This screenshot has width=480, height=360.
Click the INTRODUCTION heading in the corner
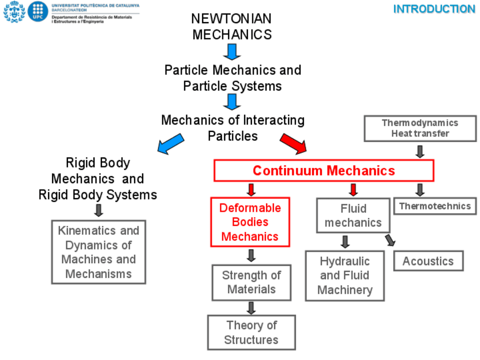[434, 9]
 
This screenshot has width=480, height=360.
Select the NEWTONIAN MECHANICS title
[232, 27]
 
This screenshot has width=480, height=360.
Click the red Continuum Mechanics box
[324, 170]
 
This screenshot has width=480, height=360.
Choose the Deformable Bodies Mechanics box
[250, 222]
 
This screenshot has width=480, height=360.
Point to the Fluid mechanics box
[353, 215]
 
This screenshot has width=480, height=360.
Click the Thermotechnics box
[435, 206]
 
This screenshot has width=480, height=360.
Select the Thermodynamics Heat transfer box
[419, 128]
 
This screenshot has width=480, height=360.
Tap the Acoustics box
[428, 261]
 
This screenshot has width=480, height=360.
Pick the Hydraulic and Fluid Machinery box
[345, 276]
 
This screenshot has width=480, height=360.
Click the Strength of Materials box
[251, 282]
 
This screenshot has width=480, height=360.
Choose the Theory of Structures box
[251, 332]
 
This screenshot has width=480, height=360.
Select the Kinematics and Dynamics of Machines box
[98, 252]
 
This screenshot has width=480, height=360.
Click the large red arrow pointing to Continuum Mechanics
[293, 143]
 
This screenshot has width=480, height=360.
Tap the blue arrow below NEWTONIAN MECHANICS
[232, 52]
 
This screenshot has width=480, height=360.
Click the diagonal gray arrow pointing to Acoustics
[389, 240]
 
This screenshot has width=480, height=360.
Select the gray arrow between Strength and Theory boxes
[251, 308]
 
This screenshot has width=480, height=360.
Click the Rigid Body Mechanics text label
[97, 178]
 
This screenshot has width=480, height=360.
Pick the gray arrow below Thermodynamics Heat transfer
[420, 151]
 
